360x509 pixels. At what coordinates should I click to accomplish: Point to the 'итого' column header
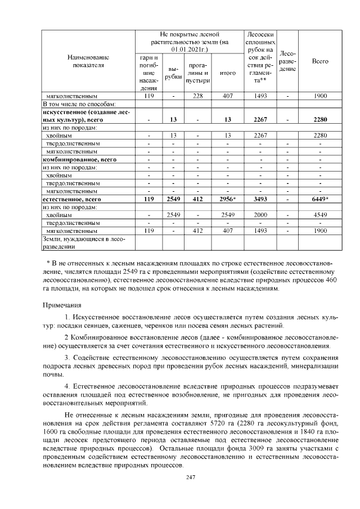pos(228,73)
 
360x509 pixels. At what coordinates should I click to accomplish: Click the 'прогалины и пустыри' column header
pos(197,73)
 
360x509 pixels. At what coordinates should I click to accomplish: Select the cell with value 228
pos(197,96)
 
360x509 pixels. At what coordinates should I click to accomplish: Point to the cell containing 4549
pos(319,214)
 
